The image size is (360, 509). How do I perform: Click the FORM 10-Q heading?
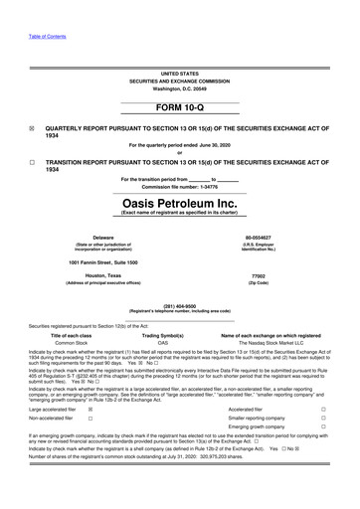179,106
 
